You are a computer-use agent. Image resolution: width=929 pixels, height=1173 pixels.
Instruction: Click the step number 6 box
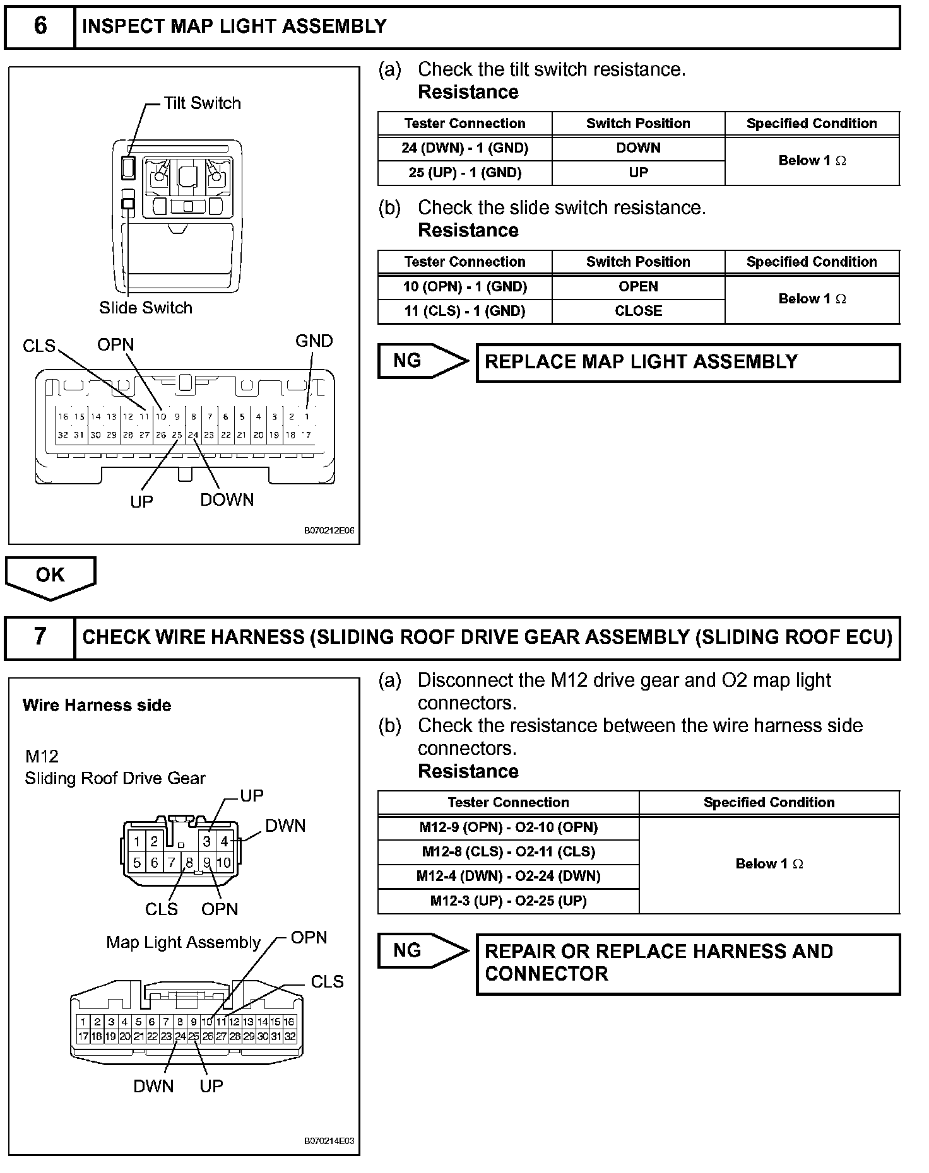(x=40, y=26)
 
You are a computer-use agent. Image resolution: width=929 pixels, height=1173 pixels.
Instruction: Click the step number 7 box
(x=40, y=637)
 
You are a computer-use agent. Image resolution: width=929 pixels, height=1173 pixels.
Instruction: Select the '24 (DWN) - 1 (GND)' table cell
(x=464, y=148)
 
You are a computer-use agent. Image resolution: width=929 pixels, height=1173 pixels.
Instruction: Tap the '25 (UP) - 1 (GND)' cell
(x=464, y=173)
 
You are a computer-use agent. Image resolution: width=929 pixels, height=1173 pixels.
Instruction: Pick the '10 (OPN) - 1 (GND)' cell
(x=464, y=287)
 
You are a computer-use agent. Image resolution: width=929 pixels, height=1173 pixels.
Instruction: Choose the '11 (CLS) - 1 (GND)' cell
(x=464, y=312)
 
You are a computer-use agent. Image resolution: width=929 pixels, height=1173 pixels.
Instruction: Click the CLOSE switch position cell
(x=638, y=312)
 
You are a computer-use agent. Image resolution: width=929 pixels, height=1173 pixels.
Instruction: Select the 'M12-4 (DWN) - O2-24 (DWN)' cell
(x=508, y=876)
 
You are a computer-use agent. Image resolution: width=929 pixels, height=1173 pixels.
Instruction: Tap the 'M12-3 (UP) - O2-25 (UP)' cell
(x=508, y=901)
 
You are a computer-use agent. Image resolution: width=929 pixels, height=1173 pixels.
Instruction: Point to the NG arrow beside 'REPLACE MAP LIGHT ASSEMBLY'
(x=422, y=361)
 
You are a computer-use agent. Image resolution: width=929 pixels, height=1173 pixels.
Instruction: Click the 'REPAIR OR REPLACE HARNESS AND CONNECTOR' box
(x=688, y=964)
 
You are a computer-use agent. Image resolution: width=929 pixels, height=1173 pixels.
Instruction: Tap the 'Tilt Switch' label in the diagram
(x=202, y=103)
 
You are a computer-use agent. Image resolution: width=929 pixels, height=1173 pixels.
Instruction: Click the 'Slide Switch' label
(x=146, y=308)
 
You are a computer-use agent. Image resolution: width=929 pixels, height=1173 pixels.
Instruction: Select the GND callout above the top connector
(x=314, y=341)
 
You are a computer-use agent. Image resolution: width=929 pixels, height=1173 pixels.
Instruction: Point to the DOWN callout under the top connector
(x=227, y=500)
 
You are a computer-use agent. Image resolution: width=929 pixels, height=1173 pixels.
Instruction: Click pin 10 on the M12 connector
(x=224, y=862)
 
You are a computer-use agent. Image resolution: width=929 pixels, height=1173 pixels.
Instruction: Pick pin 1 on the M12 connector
(x=137, y=842)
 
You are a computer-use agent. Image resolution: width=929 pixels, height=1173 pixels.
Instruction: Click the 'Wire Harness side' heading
(x=97, y=705)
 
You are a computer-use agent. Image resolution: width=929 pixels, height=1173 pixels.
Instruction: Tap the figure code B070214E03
(x=329, y=1141)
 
